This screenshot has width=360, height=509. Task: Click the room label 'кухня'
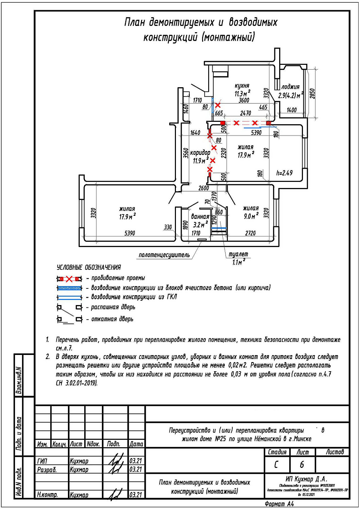click(x=242, y=86)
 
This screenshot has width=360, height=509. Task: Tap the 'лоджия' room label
click(x=290, y=87)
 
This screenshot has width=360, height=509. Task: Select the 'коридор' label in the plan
click(x=200, y=153)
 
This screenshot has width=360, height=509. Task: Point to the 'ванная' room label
click(x=200, y=216)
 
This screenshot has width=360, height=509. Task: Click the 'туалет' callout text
click(x=238, y=254)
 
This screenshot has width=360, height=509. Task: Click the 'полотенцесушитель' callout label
click(x=164, y=255)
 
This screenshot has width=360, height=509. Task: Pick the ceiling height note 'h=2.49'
click(x=284, y=173)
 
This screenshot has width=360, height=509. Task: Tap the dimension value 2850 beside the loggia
click(x=312, y=93)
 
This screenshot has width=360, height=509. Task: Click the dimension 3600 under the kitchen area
click(x=244, y=100)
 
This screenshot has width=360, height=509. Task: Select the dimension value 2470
click(x=246, y=113)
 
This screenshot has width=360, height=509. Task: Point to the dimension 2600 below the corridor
click(x=203, y=188)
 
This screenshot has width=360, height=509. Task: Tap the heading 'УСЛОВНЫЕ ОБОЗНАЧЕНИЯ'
click(x=89, y=267)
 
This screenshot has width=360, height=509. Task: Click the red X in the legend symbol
click(x=69, y=279)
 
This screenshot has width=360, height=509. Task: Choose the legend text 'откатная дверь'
click(x=112, y=319)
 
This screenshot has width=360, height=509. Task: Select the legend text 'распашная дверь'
click(x=113, y=307)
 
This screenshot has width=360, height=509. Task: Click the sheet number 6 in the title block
click(x=302, y=464)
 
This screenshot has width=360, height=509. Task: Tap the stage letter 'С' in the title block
click(x=276, y=464)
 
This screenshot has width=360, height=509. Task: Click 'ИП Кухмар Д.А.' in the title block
click(x=306, y=479)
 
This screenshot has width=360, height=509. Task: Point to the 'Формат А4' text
click(x=279, y=504)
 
